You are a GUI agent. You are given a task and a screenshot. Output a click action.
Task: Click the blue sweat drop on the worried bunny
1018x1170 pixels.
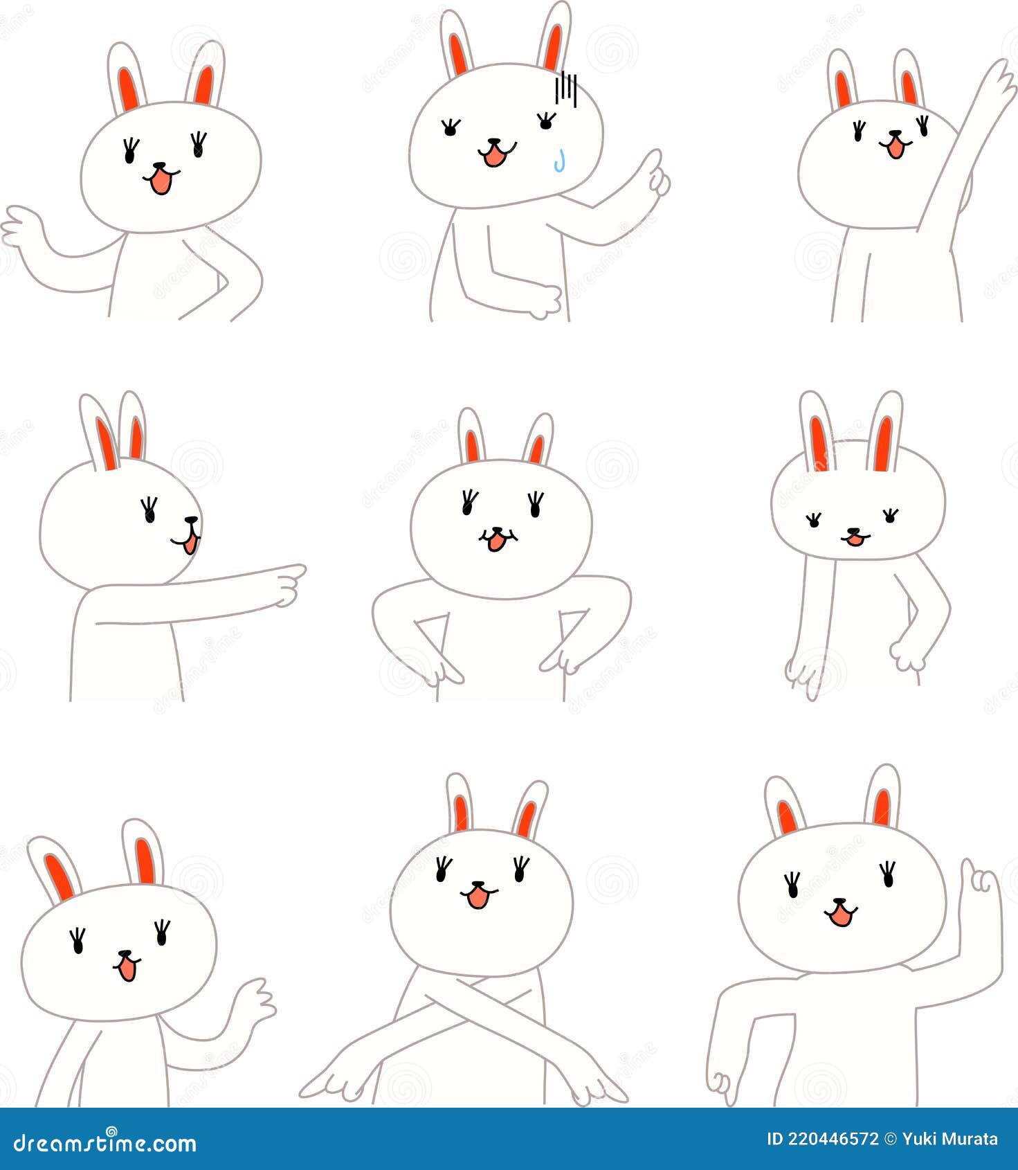(562, 161)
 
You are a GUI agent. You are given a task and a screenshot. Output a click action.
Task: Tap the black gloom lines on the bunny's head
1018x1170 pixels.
(566, 88)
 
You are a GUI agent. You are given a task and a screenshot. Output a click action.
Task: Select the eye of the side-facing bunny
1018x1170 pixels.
(149, 511)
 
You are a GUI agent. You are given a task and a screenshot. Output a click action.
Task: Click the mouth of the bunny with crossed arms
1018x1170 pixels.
(477, 898)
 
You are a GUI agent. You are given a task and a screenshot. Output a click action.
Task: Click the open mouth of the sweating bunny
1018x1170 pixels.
(495, 156)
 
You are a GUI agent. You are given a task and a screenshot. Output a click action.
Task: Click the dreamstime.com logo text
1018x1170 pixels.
(105, 1143)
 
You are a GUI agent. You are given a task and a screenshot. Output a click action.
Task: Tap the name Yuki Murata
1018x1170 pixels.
(950, 1139)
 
